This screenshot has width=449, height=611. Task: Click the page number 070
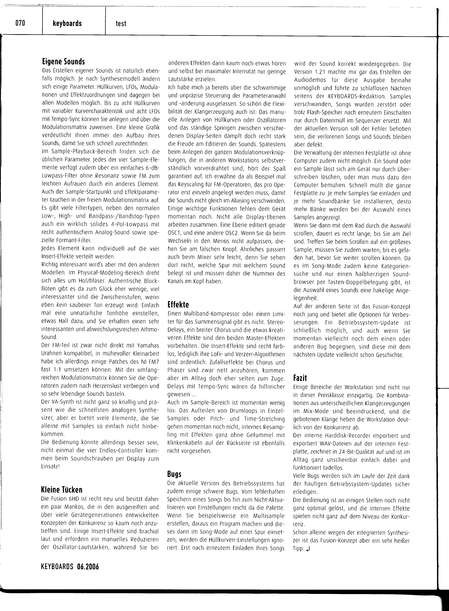click(x=20, y=23)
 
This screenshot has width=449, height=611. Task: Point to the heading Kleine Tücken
click(x=61, y=490)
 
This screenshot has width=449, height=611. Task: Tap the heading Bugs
click(x=174, y=474)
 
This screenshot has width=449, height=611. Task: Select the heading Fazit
click(x=300, y=378)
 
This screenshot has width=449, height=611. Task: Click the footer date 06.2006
click(x=88, y=566)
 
